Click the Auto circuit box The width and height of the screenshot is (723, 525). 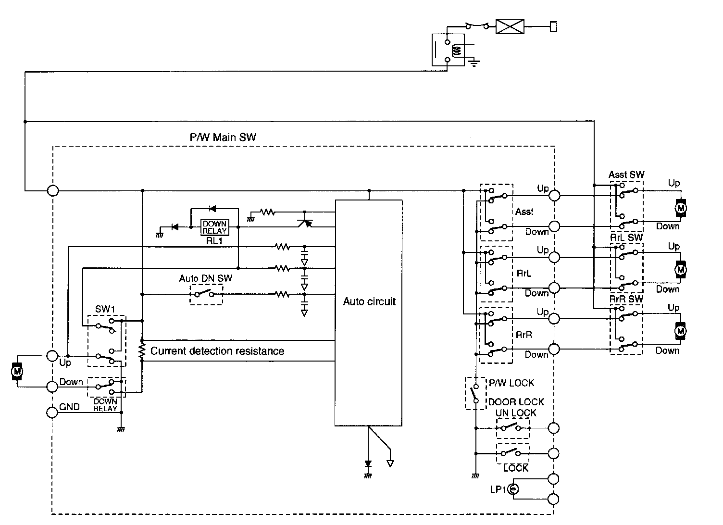(x=369, y=312)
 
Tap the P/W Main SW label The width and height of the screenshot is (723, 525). (x=223, y=137)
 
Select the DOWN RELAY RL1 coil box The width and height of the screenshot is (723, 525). (x=214, y=227)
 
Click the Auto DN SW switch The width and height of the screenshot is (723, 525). (x=207, y=294)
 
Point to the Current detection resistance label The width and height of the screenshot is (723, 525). (x=217, y=351)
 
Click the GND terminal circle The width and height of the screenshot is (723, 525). (x=52, y=412)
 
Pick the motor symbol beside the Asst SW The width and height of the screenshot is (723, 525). (x=680, y=208)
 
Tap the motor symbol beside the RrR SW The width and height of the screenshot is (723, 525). (x=680, y=331)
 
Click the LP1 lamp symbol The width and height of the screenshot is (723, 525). (x=513, y=490)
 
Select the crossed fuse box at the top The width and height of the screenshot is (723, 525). (x=510, y=26)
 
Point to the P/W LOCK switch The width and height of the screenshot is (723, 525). (x=475, y=393)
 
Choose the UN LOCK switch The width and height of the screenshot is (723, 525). (x=512, y=427)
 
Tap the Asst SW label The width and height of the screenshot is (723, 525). (x=626, y=175)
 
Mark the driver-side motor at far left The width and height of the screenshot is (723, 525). (x=17, y=372)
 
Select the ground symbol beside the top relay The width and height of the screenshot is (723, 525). (x=474, y=62)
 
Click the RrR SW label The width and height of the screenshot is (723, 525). (x=626, y=299)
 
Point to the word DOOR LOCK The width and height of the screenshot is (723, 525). (x=516, y=402)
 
